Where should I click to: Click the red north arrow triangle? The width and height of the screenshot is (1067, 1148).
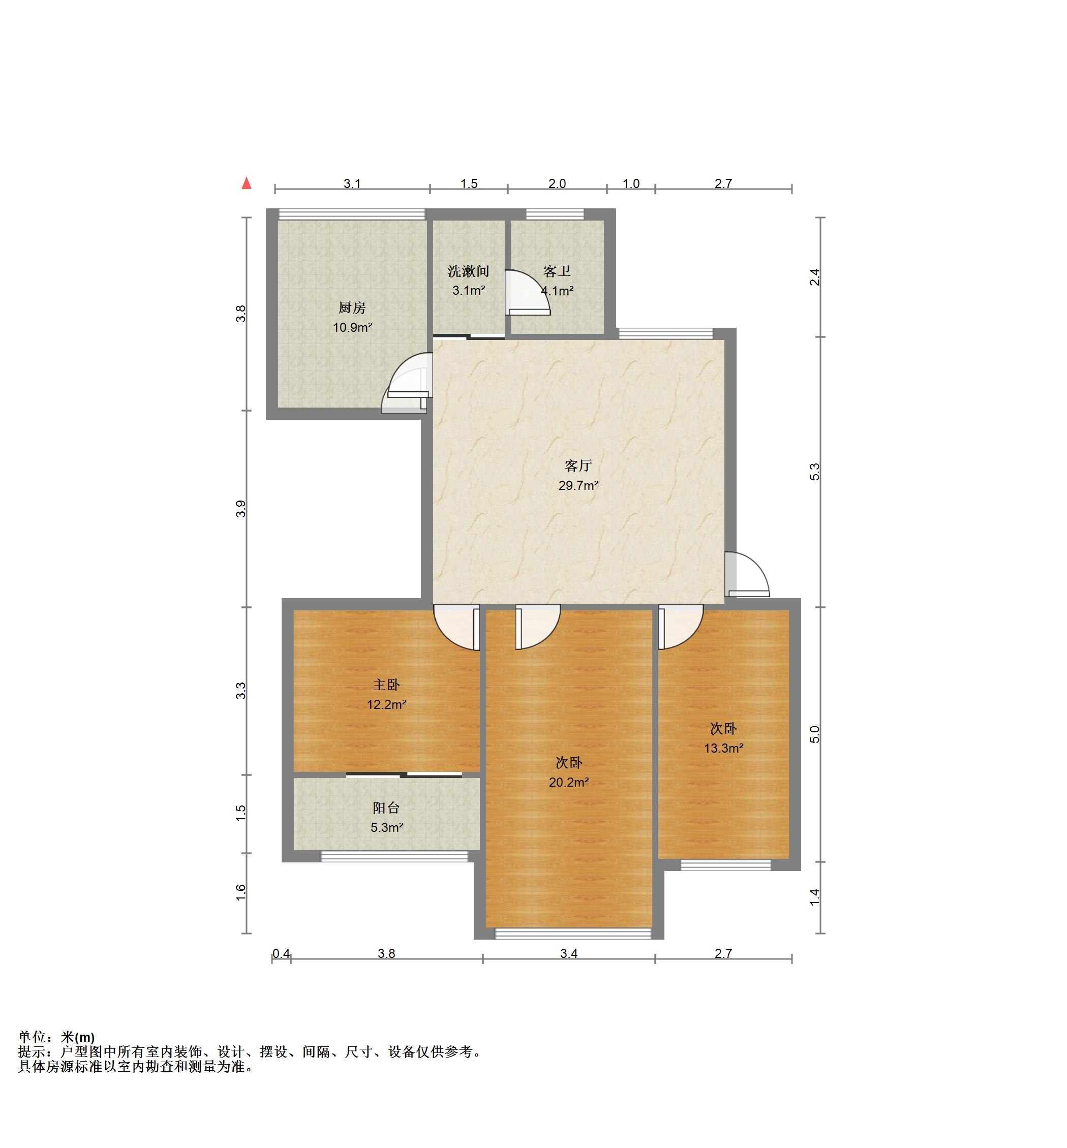pyautogui.click(x=247, y=183)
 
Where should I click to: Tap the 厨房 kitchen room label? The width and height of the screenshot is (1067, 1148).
pyautogui.click(x=352, y=308)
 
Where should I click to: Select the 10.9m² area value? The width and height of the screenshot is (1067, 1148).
pyautogui.click(x=352, y=328)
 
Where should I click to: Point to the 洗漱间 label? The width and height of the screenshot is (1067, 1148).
pyautogui.click(x=468, y=271)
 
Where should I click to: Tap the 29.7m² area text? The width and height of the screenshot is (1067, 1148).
pyautogui.click(x=578, y=485)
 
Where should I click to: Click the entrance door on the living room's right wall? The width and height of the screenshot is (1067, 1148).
pyautogui.click(x=747, y=574)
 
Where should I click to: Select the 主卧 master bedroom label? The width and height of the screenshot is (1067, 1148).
pyautogui.click(x=386, y=685)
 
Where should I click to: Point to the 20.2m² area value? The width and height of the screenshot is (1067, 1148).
pyautogui.click(x=569, y=783)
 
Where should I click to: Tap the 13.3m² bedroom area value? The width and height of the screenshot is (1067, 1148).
pyautogui.click(x=723, y=749)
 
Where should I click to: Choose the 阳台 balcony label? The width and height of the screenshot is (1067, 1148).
pyautogui.click(x=386, y=808)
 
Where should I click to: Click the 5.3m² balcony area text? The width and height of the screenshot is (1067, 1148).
pyautogui.click(x=386, y=828)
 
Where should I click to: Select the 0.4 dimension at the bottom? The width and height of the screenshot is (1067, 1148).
pyautogui.click(x=281, y=953)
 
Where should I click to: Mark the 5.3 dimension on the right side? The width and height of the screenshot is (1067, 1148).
pyautogui.click(x=815, y=472)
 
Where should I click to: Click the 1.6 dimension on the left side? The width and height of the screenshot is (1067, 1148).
pyautogui.click(x=241, y=892)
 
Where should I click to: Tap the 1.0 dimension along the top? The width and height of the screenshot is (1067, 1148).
pyautogui.click(x=631, y=183)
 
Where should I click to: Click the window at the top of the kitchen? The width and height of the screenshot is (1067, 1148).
pyautogui.click(x=352, y=214)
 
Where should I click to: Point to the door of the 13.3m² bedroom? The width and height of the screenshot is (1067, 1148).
pyautogui.click(x=681, y=627)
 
